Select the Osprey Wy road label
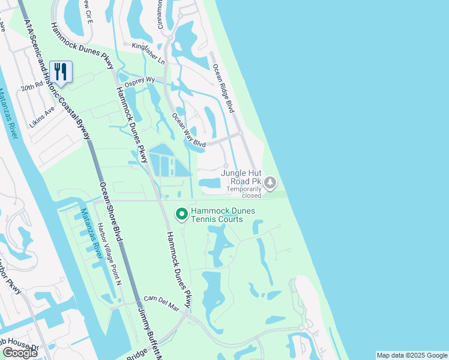[x=139, y=80]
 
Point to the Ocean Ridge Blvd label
[x=221, y=88]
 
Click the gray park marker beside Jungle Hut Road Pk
[x=271, y=181]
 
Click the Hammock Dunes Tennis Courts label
[x=217, y=215]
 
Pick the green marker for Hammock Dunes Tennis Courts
[x=181, y=214]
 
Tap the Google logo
[x=20, y=353]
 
